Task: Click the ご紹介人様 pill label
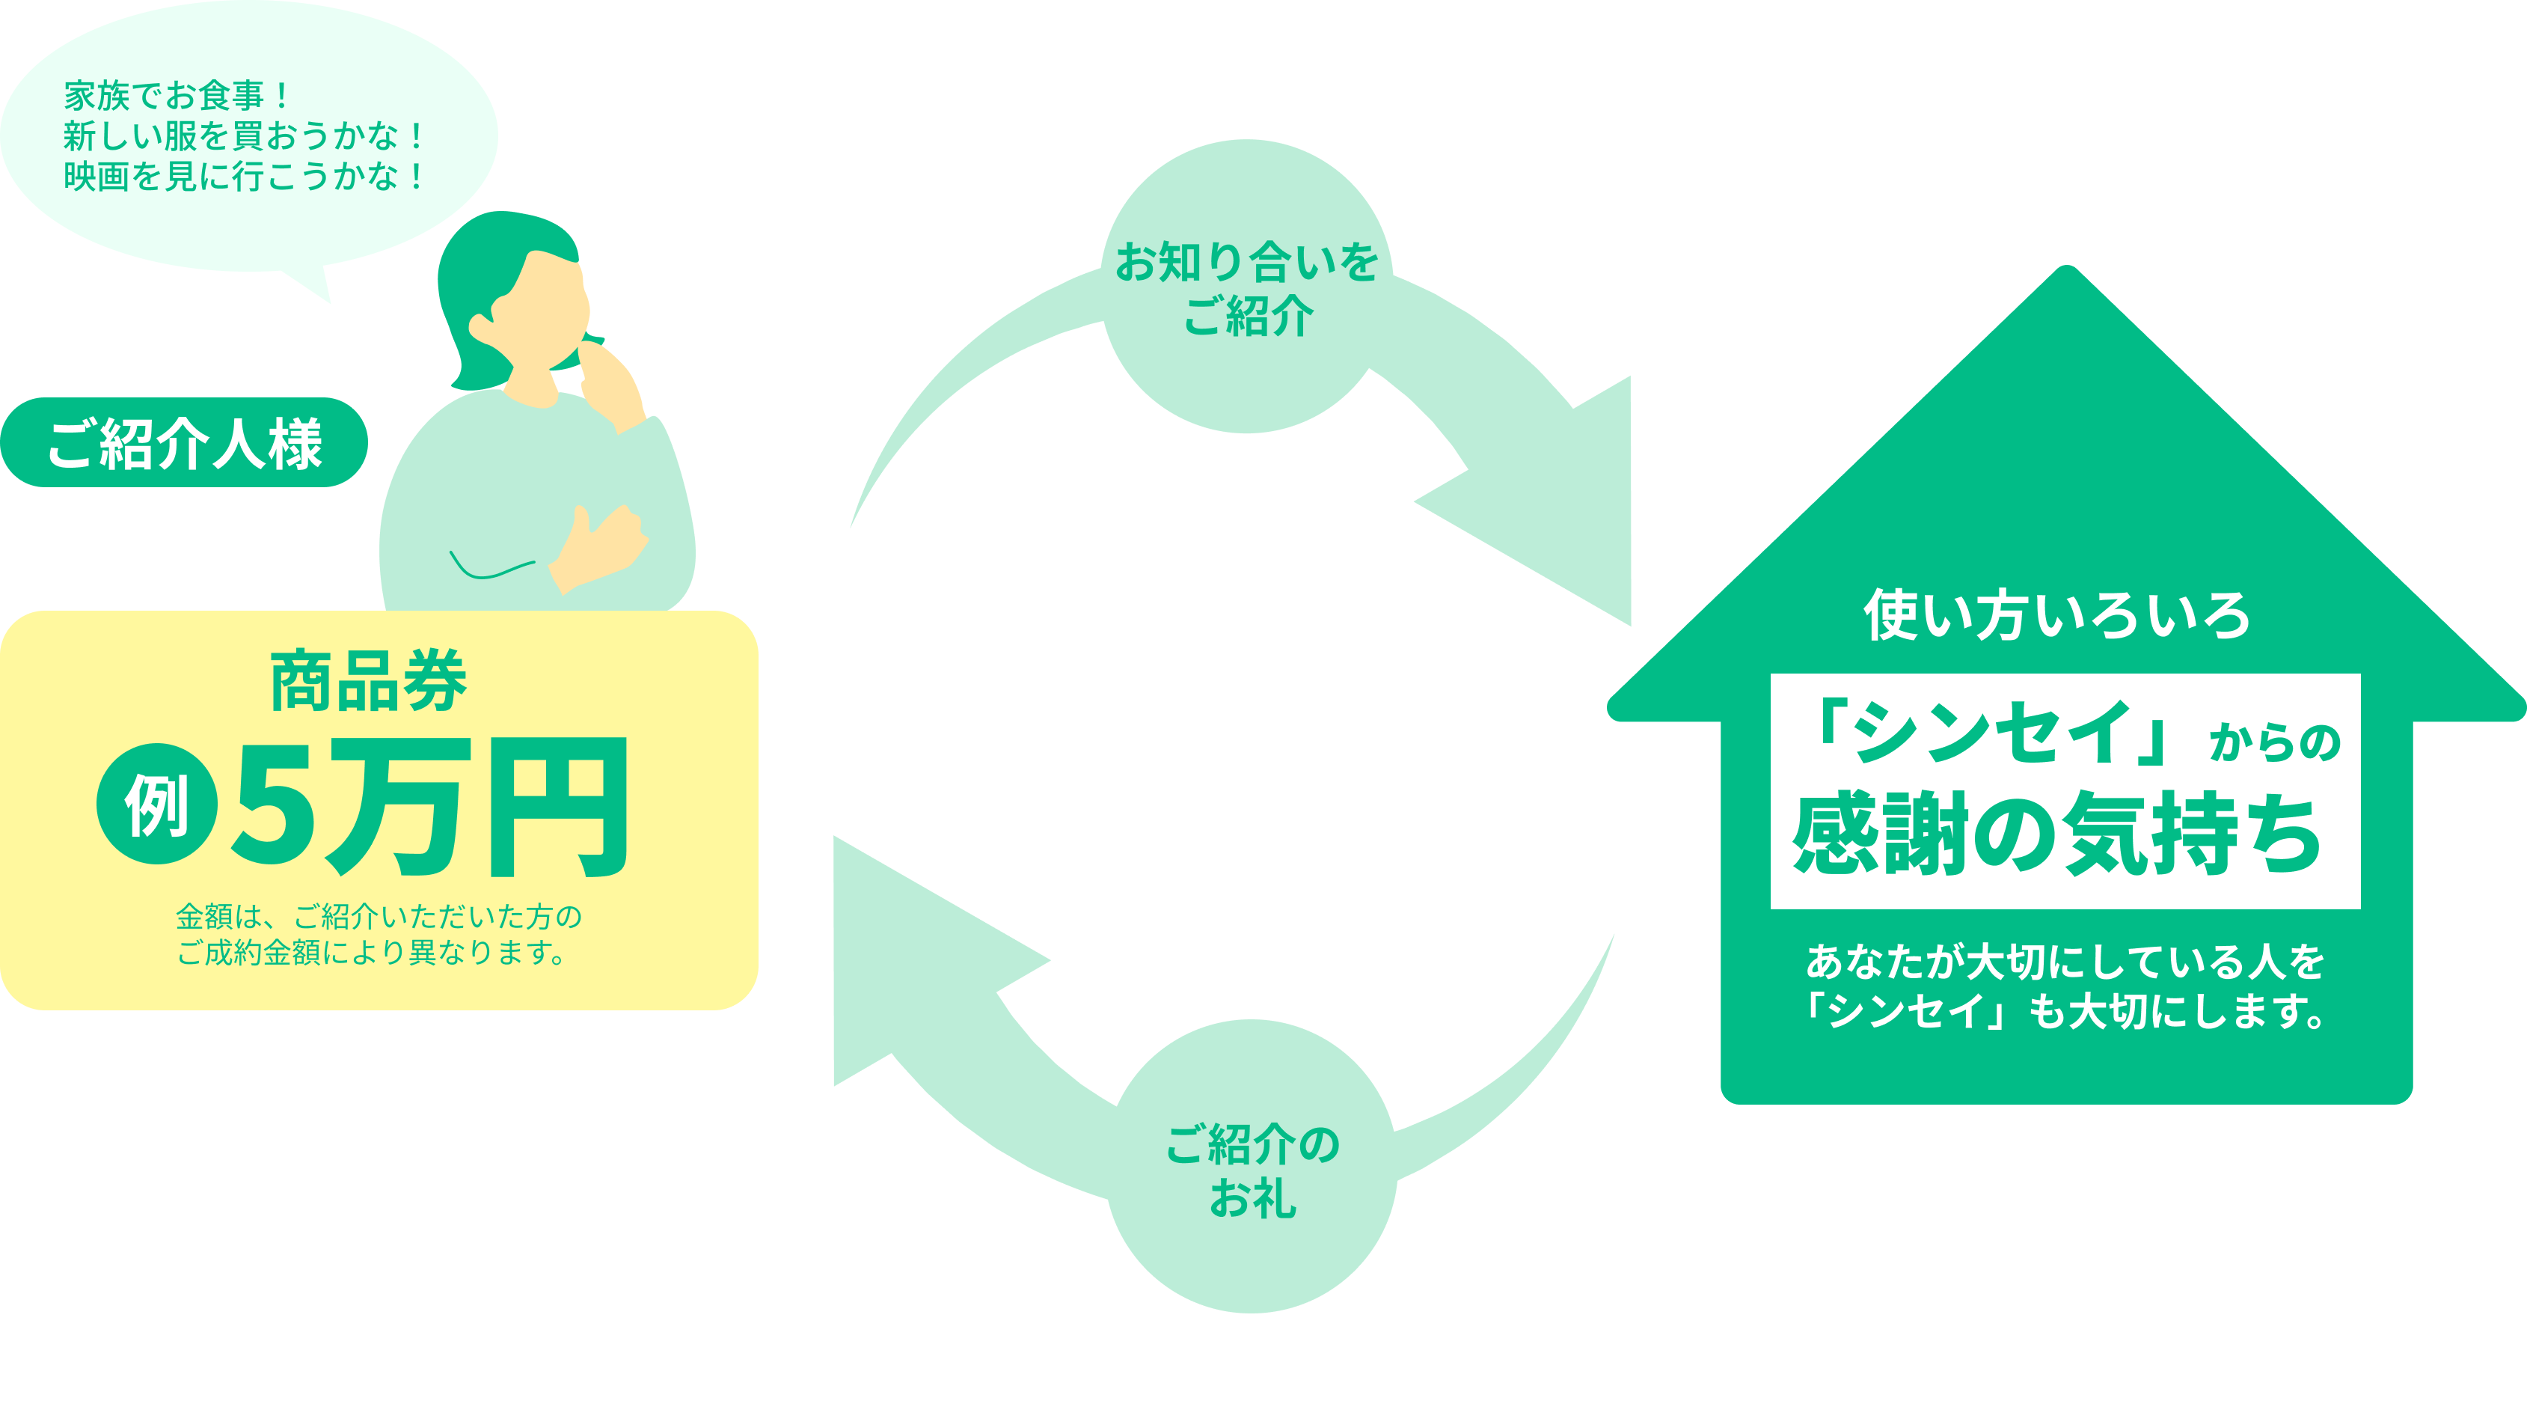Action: pyautogui.click(x=185, y=444)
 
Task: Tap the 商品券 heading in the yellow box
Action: pyautogui.click(x=369, y=681)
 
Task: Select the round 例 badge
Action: pyautogui.click(x=157, y=805)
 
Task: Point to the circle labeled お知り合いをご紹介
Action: pyautogui.click(x=1247, y=287)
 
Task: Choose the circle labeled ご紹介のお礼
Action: pyautogui.click(x=1252, y=1168)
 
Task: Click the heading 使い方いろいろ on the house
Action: pyautogui.click(x=2056, y=616)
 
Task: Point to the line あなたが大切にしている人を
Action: pyautogui.click(x=2065, y=962)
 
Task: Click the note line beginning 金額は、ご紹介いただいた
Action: pyautogui.click(x=379, y=916)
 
